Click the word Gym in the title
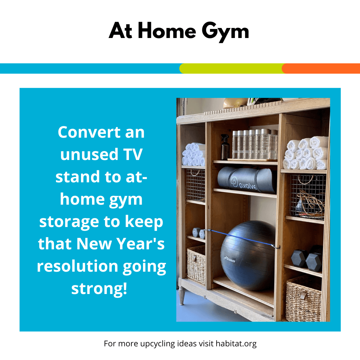(x=225, y=32)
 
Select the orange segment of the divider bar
(x=321, y=68)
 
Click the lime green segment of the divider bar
(x=231, y=68)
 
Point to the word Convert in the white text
(x=89, y=132)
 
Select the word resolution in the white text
(x=77, y=266)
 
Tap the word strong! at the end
(x=99, y=289)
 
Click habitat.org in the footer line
(x=236, y=344)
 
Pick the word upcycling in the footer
(x=157, y=344)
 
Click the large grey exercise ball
(x=248, y=255)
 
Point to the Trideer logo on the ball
(x=230, y=260)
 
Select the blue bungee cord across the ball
(x=243, y=238)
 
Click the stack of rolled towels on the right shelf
(x=306, y=153)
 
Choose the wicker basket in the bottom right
(x=304, y=299)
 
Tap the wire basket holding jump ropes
(x=308, y=196)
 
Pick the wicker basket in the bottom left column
(x=196, y=265)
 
